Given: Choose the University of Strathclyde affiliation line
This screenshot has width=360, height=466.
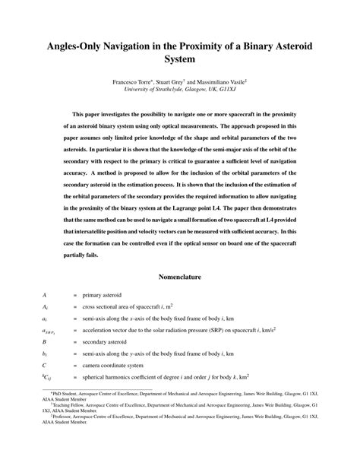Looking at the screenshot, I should [x=179, y=88].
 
